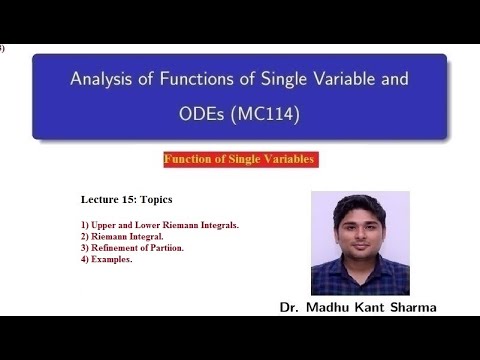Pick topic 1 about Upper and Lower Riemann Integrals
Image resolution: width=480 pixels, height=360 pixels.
pos(159,225)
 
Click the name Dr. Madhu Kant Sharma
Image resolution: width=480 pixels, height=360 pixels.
pos(358,308)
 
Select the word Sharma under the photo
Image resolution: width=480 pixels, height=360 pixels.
pos(410,308)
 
